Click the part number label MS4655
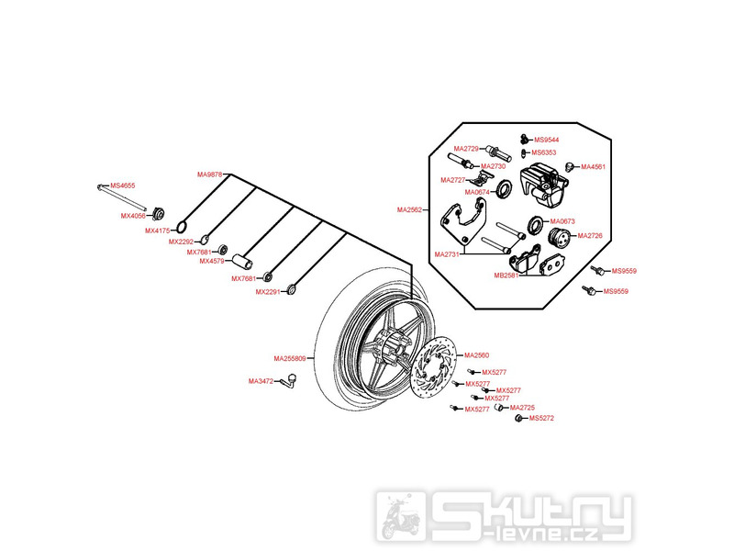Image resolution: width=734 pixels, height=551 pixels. pos(123,186)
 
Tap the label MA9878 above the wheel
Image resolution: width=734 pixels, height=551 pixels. pos(209,174)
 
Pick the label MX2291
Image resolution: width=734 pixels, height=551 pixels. pos(267,292)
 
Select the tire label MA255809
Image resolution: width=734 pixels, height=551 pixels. pos(292,357)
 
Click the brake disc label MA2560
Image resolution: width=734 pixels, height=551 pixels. pos(477,355)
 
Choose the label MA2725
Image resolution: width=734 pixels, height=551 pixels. pos(522,407)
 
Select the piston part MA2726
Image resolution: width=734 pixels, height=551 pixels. pos(557,238)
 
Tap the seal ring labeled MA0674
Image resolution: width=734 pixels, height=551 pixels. pos(503,191)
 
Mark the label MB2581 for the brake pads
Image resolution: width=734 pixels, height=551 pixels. pos(506,273)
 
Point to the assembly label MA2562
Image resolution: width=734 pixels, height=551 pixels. pos(409,209)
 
